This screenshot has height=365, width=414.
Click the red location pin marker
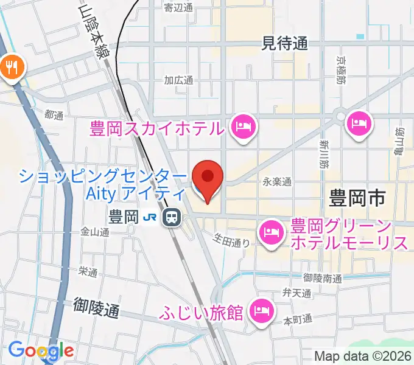click(208, 178)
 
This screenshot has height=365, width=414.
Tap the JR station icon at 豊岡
click(172, 217)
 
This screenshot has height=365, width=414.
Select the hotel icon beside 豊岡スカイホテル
click(244, 127)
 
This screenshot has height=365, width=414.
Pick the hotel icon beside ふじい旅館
click(261, 311)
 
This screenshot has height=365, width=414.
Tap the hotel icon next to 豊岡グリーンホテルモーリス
click(270, 232)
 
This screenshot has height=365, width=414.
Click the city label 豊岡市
click(357, 198)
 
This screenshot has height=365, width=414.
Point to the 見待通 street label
click(284, 43)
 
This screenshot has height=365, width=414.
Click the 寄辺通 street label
click(178, 8)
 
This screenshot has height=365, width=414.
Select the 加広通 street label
click(178, 80)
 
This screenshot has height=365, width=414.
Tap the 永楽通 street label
click(277, 181)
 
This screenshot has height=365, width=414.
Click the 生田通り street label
click(231, 242)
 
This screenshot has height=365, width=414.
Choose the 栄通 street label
click(88, 272)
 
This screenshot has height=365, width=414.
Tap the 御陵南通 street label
click(322, 278)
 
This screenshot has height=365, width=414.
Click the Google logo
click(41, 350)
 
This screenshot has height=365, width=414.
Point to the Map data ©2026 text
click(362, 356)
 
